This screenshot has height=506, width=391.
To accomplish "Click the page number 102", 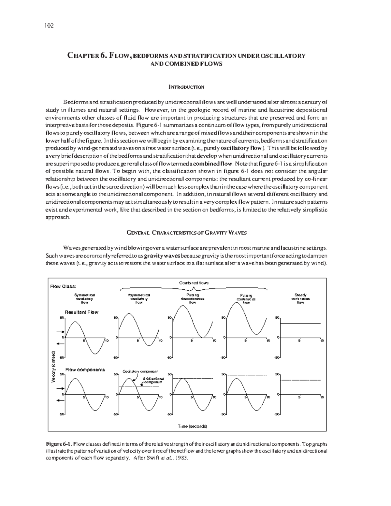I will click(49, 26).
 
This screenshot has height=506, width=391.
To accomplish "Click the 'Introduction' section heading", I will click(186, 87).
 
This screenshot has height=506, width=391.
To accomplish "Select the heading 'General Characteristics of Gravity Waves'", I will click(186, 233).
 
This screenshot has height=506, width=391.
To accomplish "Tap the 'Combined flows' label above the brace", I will click(194, 283).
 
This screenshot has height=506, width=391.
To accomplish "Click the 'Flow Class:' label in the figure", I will click(63, 286).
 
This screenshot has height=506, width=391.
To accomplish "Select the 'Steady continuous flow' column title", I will click(300, 298).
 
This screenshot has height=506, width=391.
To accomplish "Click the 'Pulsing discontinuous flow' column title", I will click(193, 298).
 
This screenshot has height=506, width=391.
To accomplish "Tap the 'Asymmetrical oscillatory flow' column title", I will click(139, 298).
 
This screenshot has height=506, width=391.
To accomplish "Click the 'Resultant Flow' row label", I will click(81, 312).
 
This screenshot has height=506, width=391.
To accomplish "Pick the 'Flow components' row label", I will click(85, 370).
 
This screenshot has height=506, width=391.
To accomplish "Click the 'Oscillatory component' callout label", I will click(140, 371).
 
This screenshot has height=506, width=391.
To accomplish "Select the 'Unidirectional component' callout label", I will click(153, 380).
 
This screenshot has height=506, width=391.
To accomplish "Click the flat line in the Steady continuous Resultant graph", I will click(300, 324).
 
